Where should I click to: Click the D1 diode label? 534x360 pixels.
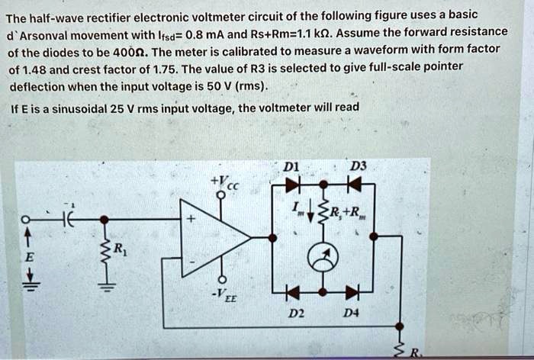click(x=290, y=167)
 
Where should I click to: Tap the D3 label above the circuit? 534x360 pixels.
click(x=355, y=167)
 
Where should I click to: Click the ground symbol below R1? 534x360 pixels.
click(x=107, y=288)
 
